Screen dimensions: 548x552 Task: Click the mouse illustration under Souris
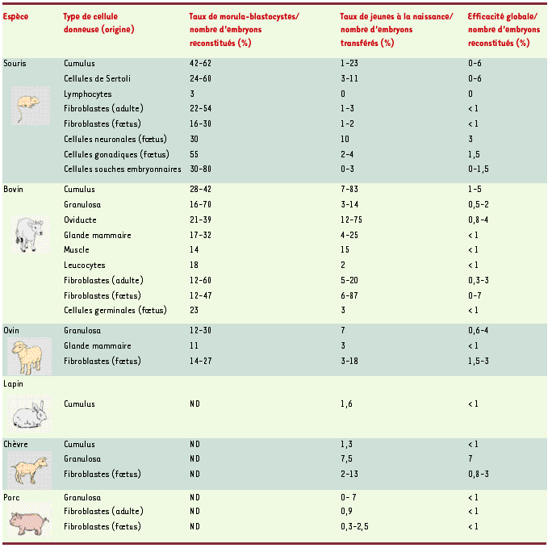pyautogui.click(x=26, y=106)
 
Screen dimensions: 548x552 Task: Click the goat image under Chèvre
pyautogui.click(x=27, y=467)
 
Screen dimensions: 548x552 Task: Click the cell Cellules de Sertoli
pyautogui.click(x=97, y=78)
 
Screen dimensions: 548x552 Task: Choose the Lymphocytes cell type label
pyautogui.click(x=88, y=94)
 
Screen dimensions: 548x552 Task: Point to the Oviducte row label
pyautogui.click(x=82, y=220)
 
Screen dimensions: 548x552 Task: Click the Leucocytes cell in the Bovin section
pyautogui.click(x=84, y=266)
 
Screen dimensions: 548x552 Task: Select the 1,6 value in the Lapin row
pyautogui.click(x=347, y=404)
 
